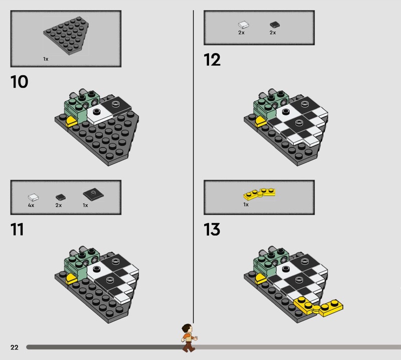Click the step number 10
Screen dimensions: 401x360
click(19, 82)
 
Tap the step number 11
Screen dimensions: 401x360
click(17, 229)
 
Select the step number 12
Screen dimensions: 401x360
click(212, 60)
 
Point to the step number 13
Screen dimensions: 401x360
click(212, 229)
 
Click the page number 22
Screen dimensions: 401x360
click(15, 347)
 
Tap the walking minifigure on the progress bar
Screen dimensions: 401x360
click(189, 338)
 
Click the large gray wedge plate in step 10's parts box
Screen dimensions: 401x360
click(66, 36)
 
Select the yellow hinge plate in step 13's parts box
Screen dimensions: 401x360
click(259, 194)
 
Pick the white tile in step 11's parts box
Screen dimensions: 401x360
click(33, 197)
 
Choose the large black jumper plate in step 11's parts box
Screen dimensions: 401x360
click(93, 194)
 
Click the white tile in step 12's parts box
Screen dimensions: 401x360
click(244, 25)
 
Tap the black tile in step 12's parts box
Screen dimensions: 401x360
click(275, 25)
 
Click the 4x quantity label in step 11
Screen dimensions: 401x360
click(31, 205)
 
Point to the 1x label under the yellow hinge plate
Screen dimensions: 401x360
click(246, 205)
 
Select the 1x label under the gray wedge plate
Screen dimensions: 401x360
click(46, 59)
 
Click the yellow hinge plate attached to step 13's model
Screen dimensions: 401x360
click(318, 306)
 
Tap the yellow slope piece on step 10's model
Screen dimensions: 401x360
click(71, 121)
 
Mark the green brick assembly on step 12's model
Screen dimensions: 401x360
click(270, 105)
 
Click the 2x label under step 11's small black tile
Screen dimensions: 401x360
click(59, 205)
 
